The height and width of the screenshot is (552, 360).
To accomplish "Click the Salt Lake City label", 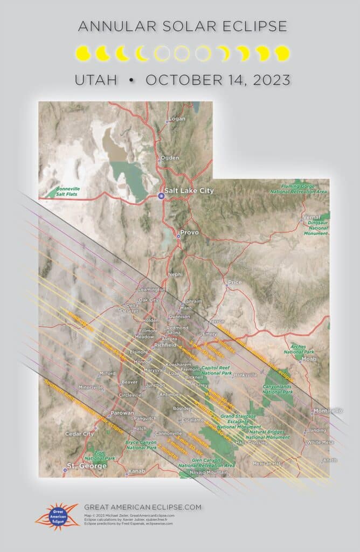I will tap(190, 191).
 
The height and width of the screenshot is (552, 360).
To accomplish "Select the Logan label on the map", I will tap(177, 119).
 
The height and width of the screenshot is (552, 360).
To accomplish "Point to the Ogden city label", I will tap(170, 158).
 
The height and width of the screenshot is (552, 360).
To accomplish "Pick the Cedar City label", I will tap(79, 433).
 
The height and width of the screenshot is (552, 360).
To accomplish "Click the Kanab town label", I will tap(137, 472).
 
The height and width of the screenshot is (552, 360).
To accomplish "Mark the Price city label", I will tap(235, 282).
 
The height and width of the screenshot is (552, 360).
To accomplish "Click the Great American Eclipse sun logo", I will tap(56, 515).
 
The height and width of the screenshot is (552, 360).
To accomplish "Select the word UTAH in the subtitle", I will tap(96, 80).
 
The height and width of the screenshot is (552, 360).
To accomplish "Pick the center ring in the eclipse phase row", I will tap(181, 53).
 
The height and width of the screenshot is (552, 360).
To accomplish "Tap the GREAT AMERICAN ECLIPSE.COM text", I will tap(143, 507).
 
